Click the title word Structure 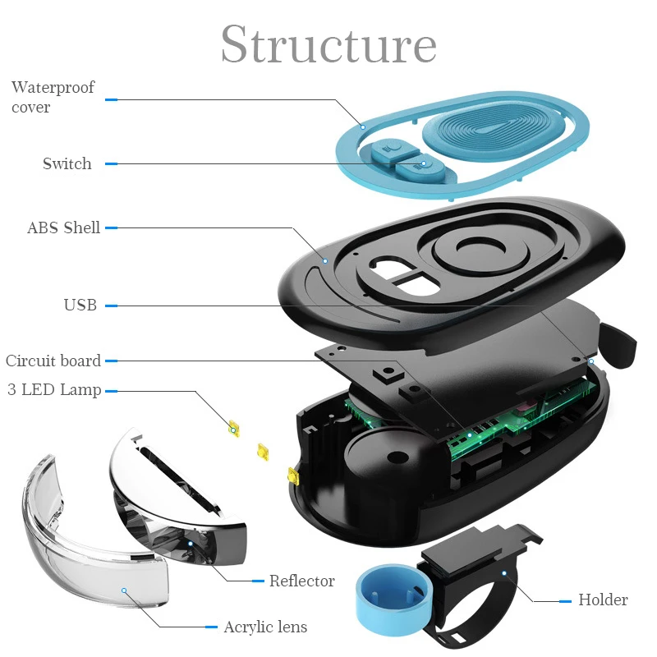click(328, 44)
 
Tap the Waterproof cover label click(53, 97)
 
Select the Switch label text click(67, 163)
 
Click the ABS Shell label click(63, 227)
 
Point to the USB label click(80, 306)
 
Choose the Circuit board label click(53, 361)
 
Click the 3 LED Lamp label click(54, 389)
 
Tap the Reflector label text click(302, 581)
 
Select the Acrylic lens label click(265, 627)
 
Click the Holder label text click(603, 600)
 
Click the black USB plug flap click(618, 343)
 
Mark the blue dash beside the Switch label click(111, 163)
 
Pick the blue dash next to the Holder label click(565, 600)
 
